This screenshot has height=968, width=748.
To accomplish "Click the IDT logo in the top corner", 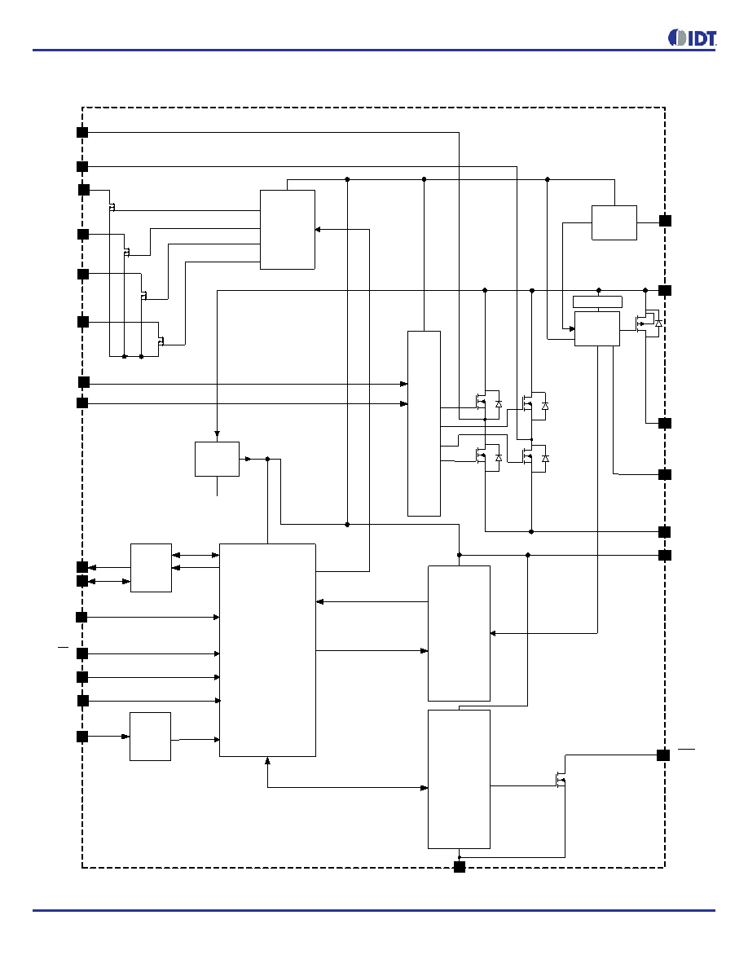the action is click(x=692, y=38).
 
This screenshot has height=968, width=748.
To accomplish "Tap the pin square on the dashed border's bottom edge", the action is click(x=460, y=867).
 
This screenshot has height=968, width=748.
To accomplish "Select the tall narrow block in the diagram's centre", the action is click(x=424, y=424).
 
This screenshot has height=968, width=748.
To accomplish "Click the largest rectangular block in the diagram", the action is click(x=268, y=650).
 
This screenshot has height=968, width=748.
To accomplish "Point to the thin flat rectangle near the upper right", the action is click(x=597, y=301).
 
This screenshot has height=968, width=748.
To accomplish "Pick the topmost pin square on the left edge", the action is click(x=82, y=132).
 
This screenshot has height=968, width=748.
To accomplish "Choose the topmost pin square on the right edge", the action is click(x=666, y=220).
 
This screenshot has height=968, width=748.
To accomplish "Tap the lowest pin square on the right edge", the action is click(x=663, y=755).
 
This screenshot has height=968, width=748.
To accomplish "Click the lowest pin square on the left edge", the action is click(x=82, y=737).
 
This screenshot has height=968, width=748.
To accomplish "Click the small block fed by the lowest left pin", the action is click(x=150, y=737).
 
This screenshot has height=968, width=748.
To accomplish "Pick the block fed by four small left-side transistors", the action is click(x=288, y=230).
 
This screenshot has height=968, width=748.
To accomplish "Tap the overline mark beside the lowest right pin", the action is click(x=686, y=749).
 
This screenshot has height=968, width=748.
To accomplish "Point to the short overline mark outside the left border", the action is click(x=63, y=648).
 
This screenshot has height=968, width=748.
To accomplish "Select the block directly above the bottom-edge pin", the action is click(x=460, y=779).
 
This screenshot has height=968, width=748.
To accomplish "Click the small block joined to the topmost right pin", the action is click(x=614, y=223).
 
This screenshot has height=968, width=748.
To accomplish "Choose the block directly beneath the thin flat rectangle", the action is click(x=596, y=328).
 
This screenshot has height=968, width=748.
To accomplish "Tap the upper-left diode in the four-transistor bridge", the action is click(x=499, y=404).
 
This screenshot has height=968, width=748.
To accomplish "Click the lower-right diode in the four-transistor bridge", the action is click(x=545, y=459).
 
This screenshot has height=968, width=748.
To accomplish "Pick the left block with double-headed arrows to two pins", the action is click(x=152, y=568).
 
